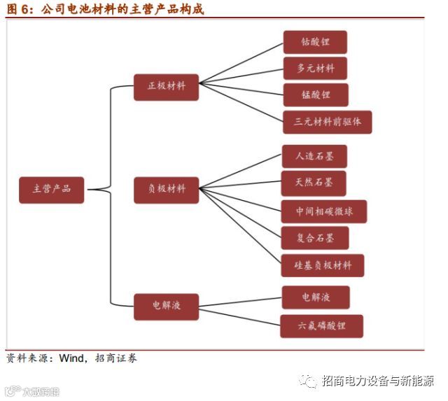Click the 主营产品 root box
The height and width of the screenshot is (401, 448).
[x=51, y=189]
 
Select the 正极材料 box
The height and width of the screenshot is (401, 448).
[x=167, y=87]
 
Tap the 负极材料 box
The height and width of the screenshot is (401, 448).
[x=167, y=189]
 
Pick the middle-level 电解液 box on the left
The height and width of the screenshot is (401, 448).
[x=167, y=305]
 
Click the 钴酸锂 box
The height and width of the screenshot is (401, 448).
[x=315, y=42]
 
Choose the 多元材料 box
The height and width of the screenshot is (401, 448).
[x=315, y=69]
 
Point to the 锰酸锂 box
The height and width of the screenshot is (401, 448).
[x=315, y=95]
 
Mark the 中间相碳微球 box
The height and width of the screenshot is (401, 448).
[x=323, y=211]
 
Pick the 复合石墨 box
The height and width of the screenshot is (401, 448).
[x=315, y=238]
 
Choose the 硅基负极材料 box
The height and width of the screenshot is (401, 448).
[x=323, y=265]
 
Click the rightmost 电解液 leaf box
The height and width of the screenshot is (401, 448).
[x=316, y=297]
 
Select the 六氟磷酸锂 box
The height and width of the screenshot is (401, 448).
[x=322, y=326]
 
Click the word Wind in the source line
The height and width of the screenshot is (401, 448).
[x=71, y=358]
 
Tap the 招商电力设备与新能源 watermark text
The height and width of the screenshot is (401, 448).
[x=377, y=381]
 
